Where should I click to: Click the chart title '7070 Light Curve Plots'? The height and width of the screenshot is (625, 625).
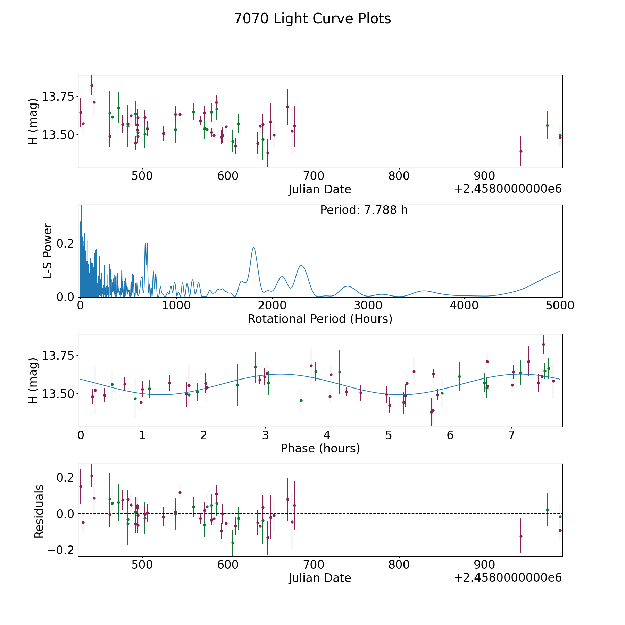point(312,19)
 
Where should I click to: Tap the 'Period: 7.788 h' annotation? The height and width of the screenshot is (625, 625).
point(364,210)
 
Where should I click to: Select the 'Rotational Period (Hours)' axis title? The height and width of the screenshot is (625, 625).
point(320,319)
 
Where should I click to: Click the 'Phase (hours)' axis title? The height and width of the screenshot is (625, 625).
point(320,448)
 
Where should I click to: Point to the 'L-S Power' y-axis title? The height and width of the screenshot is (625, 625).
point(48,251)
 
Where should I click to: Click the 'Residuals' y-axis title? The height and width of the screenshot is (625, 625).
point(39,511)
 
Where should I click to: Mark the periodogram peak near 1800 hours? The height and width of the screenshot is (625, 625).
point(253,248)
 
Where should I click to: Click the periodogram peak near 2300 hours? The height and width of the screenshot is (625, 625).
point(301,266)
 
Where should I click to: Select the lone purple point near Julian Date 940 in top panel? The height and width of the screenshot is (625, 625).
point(521,151)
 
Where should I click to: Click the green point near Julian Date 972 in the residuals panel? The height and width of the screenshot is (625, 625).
point(547,510)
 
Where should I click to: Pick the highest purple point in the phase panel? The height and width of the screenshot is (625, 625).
point(543,344)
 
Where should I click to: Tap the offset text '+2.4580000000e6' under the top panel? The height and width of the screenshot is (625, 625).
point(508,189)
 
